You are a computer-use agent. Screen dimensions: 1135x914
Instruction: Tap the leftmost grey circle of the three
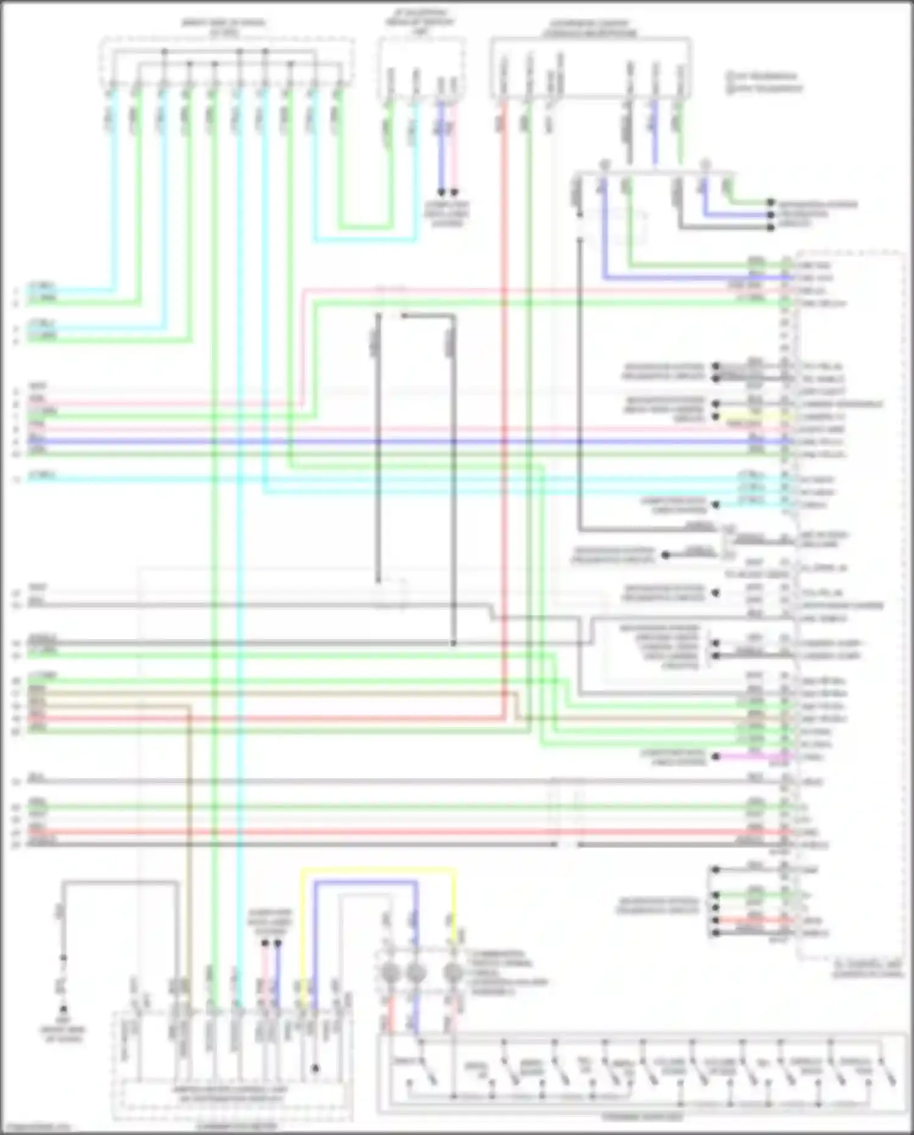point(390,973)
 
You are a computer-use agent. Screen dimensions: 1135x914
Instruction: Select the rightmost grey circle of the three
point(452,973)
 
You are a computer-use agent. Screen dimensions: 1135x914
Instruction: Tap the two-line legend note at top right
point(765,82)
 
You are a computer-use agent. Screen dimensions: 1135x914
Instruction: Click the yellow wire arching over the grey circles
point(378,871)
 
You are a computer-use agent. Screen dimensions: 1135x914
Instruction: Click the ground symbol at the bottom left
point(63,1009)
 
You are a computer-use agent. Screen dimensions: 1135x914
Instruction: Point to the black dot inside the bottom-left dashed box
point(315,1069)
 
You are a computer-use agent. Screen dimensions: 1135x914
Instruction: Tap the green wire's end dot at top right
point(771,202)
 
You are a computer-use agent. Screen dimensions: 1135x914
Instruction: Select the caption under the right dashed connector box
point(868,969)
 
